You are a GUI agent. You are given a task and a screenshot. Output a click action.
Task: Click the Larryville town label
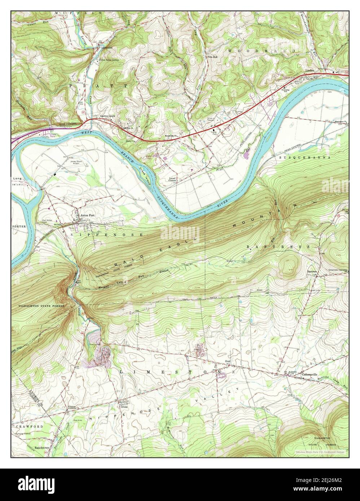click(107, 47)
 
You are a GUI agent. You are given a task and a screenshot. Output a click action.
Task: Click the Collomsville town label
click(309, 374)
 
